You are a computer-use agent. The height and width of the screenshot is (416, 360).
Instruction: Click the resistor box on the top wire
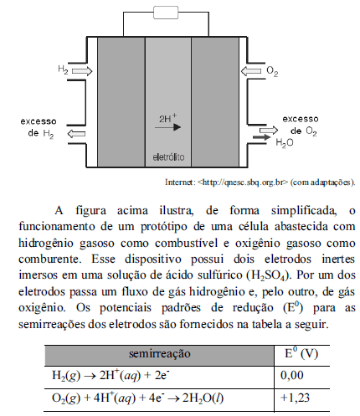click(166, 13)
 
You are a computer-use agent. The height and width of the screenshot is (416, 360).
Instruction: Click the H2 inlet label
click(63, 69)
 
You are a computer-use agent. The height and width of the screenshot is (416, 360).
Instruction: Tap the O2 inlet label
click(272, 71)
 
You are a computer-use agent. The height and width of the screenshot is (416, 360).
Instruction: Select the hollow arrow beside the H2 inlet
click(82, 71)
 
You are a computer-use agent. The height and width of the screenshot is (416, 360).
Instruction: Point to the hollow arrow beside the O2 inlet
click(251, 71)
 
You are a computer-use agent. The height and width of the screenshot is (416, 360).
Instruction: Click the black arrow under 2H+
click(167, 127)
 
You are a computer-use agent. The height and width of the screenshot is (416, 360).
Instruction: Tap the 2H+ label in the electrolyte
click(168, 118)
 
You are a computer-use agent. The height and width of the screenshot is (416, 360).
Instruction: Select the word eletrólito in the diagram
click(168, 157)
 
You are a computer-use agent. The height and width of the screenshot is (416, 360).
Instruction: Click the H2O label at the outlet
click(285, 143)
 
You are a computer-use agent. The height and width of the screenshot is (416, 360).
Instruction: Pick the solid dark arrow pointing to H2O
click(262, 137)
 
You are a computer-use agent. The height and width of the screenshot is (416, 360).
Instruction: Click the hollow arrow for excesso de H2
click(76, 134)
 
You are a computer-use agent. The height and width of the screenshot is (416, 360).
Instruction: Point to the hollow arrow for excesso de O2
click(269, 131)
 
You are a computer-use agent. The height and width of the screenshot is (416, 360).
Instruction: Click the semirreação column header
click(160, 353)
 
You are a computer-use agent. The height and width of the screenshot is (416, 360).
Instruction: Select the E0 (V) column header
click(301, 353)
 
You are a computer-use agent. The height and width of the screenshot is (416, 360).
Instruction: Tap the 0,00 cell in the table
click(291, 375)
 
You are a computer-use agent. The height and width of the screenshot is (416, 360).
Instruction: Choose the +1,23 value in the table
click(295, 398)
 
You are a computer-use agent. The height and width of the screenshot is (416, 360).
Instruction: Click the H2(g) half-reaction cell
click(111, 376)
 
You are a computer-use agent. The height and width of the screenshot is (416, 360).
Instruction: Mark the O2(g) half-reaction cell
click(137, 398)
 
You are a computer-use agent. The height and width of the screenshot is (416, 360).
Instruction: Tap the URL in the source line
click(242, 182)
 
